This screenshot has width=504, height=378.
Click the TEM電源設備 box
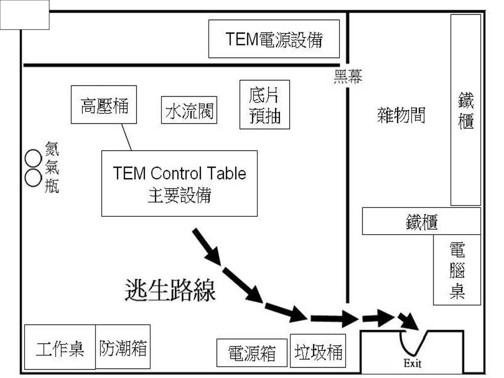pos(274,39)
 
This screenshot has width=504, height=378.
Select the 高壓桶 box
pos(104,105)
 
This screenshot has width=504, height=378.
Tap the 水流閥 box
pos(189,109)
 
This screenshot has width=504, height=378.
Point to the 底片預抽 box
pos(265,104)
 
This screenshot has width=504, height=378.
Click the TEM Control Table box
pos(179,183)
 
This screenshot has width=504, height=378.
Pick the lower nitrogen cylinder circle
pos(33,177)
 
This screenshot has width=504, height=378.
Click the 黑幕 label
pos(347,76)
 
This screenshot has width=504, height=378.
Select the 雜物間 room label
pos(401,115)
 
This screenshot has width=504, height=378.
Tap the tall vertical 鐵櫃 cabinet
pos(466,109)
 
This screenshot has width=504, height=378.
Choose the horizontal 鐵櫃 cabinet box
pos(421,221)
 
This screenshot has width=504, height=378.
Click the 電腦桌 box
pos(457,270)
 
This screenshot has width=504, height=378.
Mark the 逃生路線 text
pos(170,291)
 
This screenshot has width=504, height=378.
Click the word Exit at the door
pos(412,364)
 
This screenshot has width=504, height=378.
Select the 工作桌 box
pos(60,347)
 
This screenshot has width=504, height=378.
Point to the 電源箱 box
pos(252,353)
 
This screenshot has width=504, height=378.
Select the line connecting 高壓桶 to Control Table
pos(126,137)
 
